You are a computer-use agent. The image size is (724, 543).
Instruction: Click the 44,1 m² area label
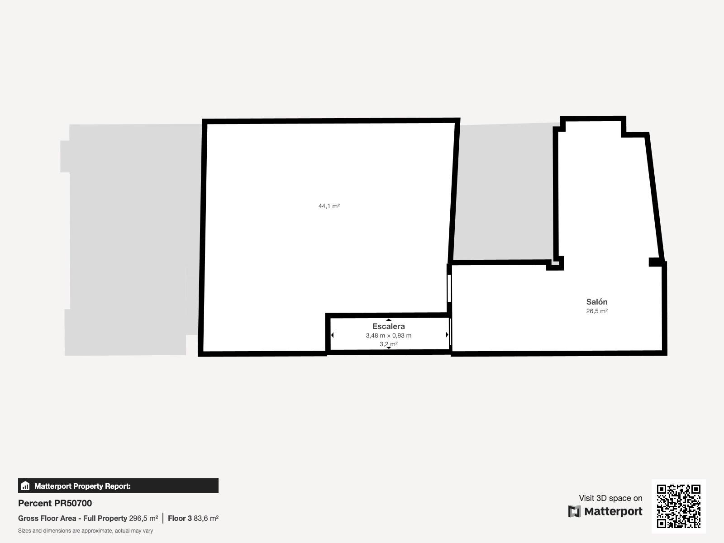click(x=329, y=206)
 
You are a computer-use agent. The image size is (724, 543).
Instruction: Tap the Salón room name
click(x=597, y=302)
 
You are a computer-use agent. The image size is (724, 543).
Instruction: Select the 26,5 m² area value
click(x=597, y=311)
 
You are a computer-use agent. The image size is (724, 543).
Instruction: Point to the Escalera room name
click(x=389, y=326)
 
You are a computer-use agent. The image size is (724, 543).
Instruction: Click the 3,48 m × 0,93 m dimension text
click(x=389, y=335)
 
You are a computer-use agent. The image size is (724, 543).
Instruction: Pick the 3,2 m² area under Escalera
click(x=389, y=344)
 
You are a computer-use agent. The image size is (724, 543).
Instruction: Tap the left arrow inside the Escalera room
click(x=333, y=335)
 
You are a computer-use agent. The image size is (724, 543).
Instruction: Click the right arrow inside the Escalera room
click(x=447, y=335)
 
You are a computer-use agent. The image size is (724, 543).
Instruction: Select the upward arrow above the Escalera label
click(x=389, y=320)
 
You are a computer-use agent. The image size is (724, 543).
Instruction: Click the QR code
click(x=678, y=506)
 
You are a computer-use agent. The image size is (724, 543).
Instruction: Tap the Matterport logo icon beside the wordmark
click(x=574, y=511)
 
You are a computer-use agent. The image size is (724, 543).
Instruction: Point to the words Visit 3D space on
click(x=610, y=498)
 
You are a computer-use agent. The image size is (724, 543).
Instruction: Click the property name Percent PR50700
click(x=55, y=503)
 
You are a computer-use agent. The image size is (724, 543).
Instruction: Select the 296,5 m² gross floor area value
click(x=143, y=518)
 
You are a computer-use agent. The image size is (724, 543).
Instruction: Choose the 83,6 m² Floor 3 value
click(x=206, y=518)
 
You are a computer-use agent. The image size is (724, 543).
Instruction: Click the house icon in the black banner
click(x=25, y=486)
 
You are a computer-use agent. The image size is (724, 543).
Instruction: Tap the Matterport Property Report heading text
click(x=82, y=486)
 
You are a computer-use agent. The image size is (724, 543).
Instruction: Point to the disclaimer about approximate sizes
click(x=86, y=531)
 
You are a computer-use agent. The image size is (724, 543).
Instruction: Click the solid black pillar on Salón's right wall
click(x=656, y=262)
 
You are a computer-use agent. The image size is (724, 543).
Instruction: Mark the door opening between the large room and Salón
click(x=449, y=289)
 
